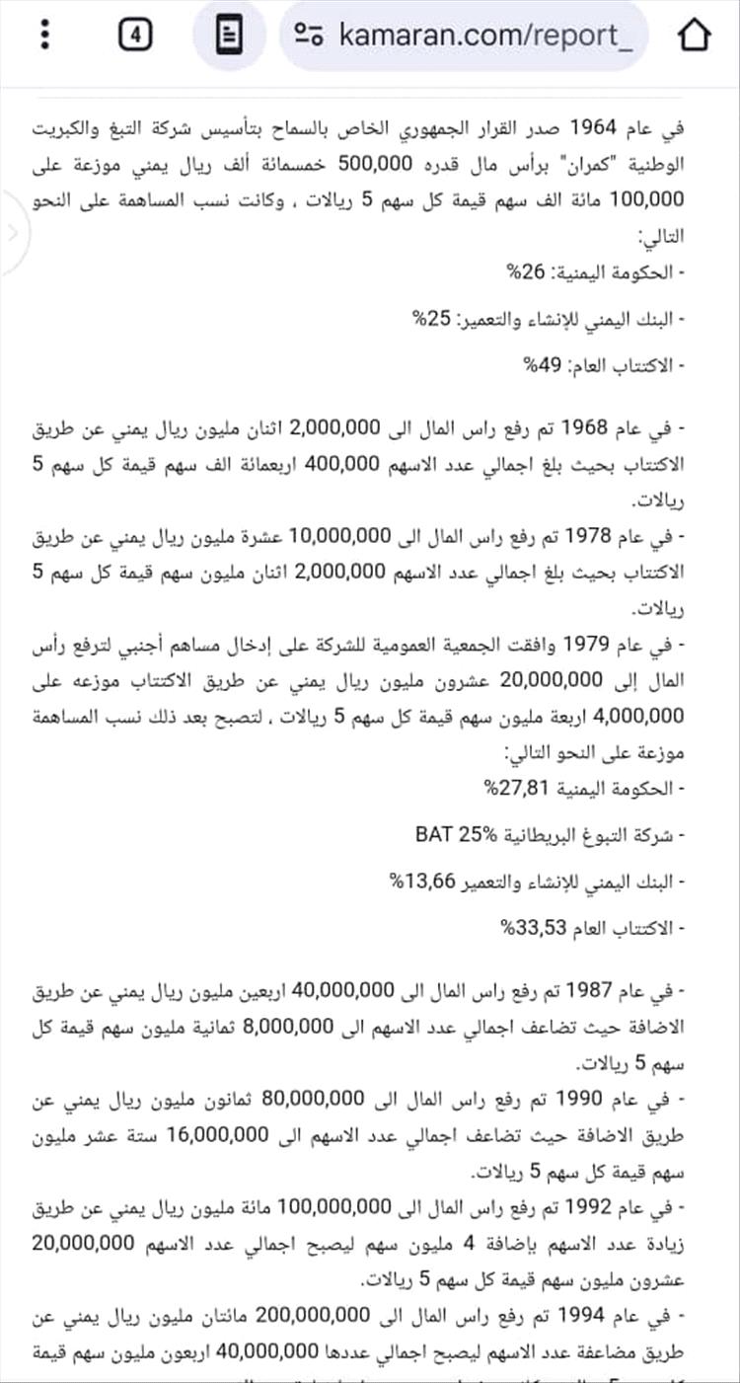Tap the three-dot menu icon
(45, 36)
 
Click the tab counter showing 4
(135, 36)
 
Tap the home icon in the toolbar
(695, 36)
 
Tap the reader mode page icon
(229, 36)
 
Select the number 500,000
(377, 163)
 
